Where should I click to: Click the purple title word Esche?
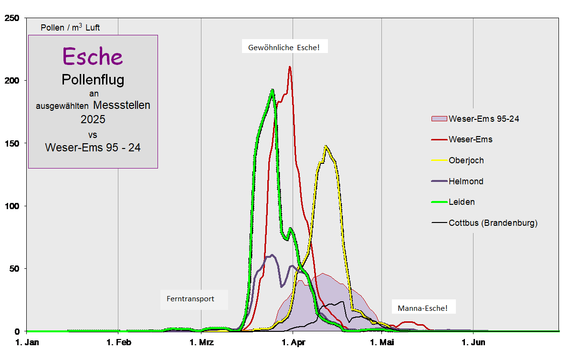tap(93, 56)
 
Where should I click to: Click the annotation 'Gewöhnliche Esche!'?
tap(284, 47)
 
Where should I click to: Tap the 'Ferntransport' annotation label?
tap(190, 299)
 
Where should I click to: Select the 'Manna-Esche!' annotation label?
tap(422, 308)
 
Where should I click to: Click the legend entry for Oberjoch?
tap(466, 160)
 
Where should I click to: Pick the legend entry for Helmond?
tap(466, 181)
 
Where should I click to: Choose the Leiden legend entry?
tap(462, 202)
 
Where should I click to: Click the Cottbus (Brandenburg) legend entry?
tap(493, 223)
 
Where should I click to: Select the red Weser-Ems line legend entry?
tap(470, 139)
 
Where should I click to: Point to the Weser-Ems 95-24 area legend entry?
tap(484, 118)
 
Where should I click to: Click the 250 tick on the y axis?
tap(11, 18)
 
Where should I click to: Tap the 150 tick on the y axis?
tap(11, 144)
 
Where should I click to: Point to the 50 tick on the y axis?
tap(14, 269)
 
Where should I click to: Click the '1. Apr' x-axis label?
tap(293, 342)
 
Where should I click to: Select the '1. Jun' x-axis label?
tap(473, 342)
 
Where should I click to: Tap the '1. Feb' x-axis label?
tap(118, 342)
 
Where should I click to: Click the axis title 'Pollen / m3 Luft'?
tap(70, 27)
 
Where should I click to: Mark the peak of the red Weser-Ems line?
tap(290, 67)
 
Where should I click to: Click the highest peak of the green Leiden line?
tap(272, 90)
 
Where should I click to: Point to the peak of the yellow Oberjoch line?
tap(326, 147)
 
